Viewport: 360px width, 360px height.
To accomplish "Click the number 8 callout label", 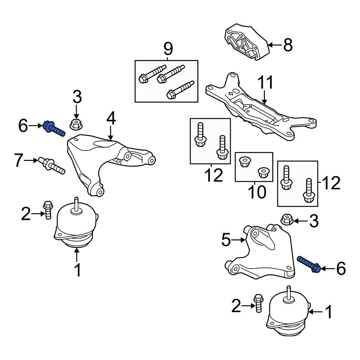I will point(288,45).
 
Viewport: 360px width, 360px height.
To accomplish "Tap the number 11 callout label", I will point(265,82).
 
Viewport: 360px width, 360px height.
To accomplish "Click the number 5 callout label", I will point(226,240).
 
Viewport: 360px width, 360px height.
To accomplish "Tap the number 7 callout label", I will point(19,161).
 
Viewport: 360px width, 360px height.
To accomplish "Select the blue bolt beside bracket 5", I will point(309,265).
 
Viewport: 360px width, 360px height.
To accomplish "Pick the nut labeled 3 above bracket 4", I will point(75,124).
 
